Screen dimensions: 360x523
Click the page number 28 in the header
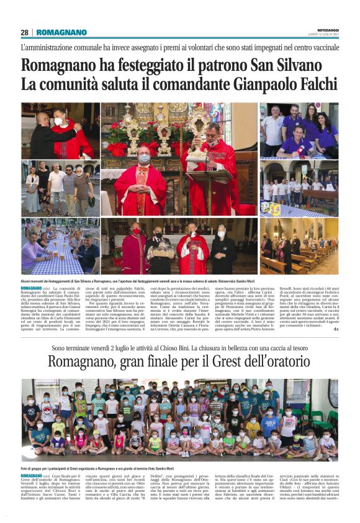[24, 32]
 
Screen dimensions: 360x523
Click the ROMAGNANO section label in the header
[61, 32]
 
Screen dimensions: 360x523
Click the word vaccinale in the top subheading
[318, 47]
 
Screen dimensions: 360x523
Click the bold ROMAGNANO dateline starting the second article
[32, 474]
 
